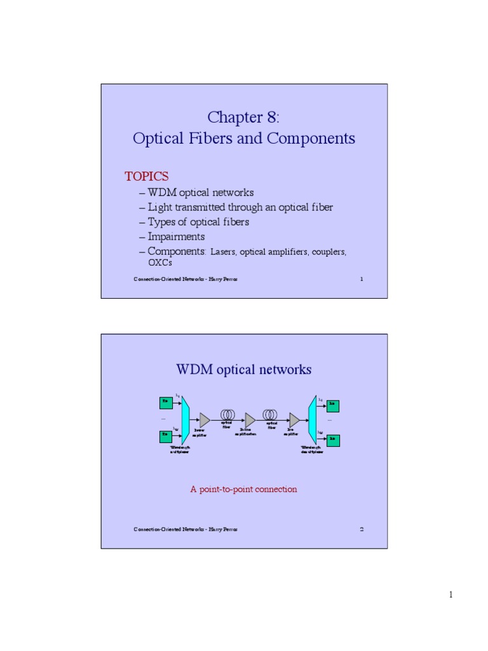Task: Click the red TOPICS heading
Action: (x=146, y=176)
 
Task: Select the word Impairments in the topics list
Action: (x=176, y=236)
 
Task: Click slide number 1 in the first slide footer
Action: (x=362, y=279)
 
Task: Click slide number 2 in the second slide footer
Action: (x=362, y=529)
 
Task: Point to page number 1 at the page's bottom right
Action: (x=451, y=594)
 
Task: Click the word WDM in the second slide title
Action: (x=194, y=369)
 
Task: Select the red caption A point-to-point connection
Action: (x=244, y=489)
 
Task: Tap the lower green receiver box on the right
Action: (x=332, y=439)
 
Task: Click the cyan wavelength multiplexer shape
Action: (x=186, y=419)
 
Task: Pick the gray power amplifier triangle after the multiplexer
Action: (x=205, y=420)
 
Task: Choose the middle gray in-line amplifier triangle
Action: (x=250, y=420)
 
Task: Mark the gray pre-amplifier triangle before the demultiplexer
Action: (x=294, y=420)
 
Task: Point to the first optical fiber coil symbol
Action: (x=227, y=414)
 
